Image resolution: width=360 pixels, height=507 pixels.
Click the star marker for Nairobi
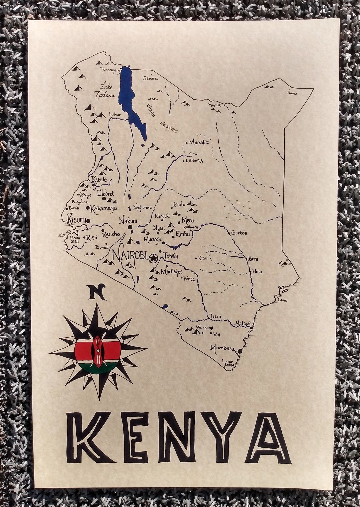coord(154,258)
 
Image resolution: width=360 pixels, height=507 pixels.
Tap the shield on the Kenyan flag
coord(98,352)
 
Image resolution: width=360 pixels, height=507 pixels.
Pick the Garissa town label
coord(239,233)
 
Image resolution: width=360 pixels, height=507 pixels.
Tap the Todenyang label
coord(110,69)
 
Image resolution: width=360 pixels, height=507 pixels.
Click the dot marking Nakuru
coord(130,227)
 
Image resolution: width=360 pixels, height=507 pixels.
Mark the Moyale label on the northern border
coord(215,105)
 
